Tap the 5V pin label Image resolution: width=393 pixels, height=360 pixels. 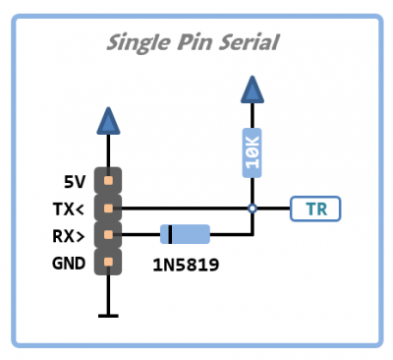75,182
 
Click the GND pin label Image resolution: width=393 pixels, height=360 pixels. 70,262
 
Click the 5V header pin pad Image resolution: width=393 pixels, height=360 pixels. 108,182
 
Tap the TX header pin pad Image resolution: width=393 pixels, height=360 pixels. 108,209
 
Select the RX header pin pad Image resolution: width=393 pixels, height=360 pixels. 108,235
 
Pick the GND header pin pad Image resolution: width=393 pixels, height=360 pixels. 108,262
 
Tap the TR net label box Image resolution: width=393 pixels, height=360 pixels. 314,209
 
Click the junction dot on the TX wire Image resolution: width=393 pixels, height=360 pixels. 253,209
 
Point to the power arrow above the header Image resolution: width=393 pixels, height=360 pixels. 108,121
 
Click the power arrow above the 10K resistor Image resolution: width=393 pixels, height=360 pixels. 253,91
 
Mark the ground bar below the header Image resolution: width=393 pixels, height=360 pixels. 108,315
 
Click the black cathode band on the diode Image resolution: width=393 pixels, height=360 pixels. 170,234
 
